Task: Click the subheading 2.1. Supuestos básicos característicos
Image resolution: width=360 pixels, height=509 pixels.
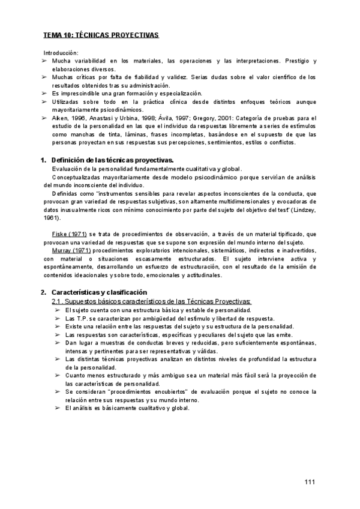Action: (152, 301)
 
